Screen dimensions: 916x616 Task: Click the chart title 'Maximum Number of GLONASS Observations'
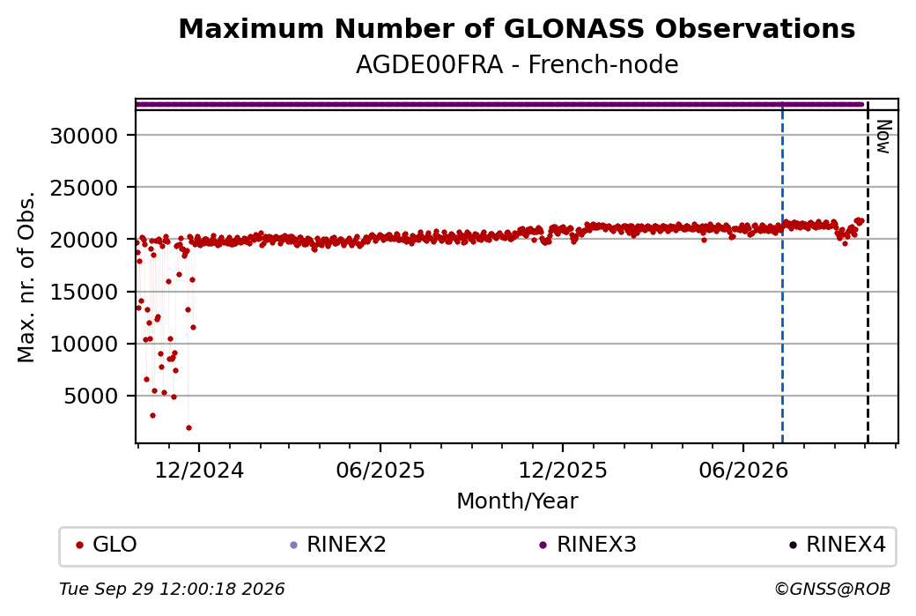516,28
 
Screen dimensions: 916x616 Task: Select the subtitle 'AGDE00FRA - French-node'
516,65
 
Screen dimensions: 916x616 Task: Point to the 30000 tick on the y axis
85,136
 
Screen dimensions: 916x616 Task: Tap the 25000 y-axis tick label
85,188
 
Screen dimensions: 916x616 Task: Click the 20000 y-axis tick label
85,240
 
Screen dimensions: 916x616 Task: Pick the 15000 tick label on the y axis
85,292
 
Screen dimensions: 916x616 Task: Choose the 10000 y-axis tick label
85,344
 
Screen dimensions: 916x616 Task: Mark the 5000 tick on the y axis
91,397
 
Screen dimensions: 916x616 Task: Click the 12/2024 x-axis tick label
199,471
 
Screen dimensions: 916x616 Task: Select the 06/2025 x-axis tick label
380,471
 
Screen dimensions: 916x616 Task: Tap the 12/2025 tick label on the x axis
563,471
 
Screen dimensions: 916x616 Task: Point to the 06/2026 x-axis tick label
743,471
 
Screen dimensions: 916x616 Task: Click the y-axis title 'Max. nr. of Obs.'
26,277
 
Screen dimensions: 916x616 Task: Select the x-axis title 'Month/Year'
517,501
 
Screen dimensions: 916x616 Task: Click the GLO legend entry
107,545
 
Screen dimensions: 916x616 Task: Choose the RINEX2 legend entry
338,545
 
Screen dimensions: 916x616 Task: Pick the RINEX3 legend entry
587,545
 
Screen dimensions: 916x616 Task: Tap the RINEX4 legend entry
838,545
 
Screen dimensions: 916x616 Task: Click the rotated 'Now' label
884,137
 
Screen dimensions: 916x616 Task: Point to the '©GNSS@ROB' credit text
832,589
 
